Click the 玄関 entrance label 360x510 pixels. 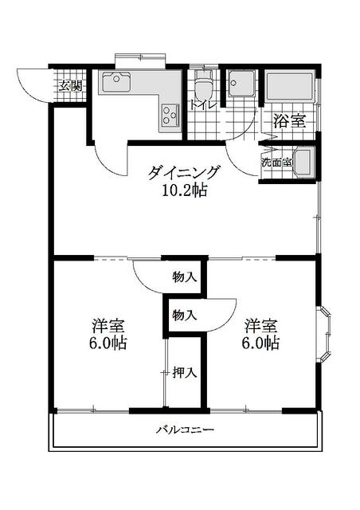[70, 87]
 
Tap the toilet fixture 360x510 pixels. [204, 83]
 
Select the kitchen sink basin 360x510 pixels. [116, 82]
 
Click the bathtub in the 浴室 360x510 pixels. [289, 86]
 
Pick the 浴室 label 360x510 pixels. [289, 121]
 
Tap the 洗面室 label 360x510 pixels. [276, 163]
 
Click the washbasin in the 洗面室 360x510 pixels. [304, 163]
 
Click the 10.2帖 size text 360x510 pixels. [185, 190]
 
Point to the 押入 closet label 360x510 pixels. [185, 373]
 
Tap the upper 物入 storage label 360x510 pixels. [185, 277]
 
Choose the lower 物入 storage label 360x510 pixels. [185, 315]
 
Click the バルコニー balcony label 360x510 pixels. [185, 430]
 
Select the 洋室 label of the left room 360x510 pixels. [108, 326]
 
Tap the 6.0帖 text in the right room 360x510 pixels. [260, 343]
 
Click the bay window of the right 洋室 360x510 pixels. [324, 334]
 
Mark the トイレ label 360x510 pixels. [203, 105]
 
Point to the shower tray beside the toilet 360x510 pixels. [241, 83]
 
